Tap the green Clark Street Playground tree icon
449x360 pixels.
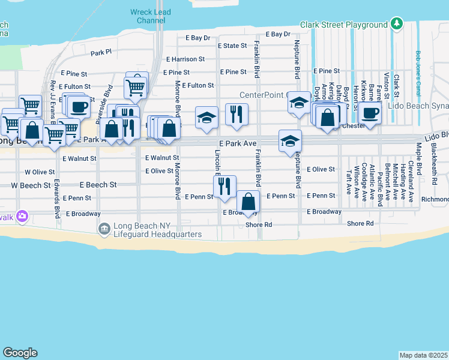(x=396, y=24)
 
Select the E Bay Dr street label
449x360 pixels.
(x=277, y=35)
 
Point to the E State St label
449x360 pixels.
(x=232, y=46)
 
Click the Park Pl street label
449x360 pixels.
(x=101, y=53)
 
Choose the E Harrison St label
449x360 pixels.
(x=185, y=59)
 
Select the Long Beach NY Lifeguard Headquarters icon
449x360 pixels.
(x=104, y=229)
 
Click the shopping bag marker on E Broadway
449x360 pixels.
(x=248, y=202)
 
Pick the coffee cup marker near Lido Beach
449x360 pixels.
(x=370, y=112)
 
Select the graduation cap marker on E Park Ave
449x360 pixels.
(x=290, y=142)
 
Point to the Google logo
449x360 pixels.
(x=20, y=353)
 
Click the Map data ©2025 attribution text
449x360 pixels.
(x=423, y=355)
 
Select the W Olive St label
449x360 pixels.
(x=40, y=172)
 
